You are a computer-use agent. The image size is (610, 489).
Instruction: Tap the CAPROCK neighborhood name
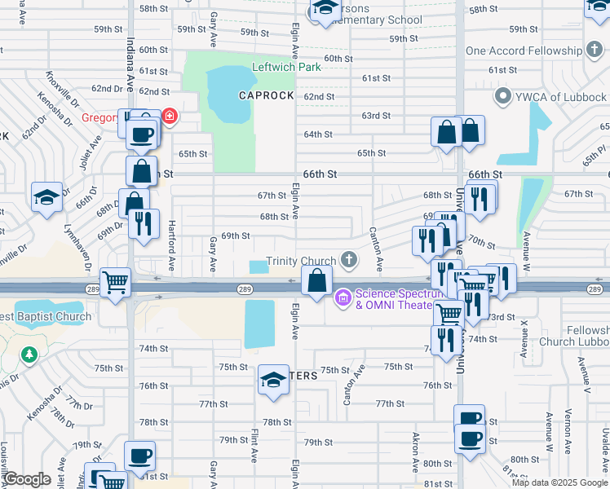[266, 95]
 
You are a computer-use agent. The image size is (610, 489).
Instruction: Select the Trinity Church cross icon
[349, 260]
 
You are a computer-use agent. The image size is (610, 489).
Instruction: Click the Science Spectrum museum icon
[342, 299]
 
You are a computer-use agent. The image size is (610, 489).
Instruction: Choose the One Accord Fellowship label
[524, 51]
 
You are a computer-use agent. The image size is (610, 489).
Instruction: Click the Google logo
[26, 479]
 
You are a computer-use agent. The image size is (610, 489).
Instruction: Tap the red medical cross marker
[169, 117]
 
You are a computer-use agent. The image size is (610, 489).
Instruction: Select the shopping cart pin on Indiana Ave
[115, 282]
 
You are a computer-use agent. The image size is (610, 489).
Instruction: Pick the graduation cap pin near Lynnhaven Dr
[47, 197]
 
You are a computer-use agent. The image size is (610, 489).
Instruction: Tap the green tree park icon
[29, 355]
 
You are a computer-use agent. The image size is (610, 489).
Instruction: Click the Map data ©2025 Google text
[560, 482]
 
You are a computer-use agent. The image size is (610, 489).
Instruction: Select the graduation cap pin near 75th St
[274, 378]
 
